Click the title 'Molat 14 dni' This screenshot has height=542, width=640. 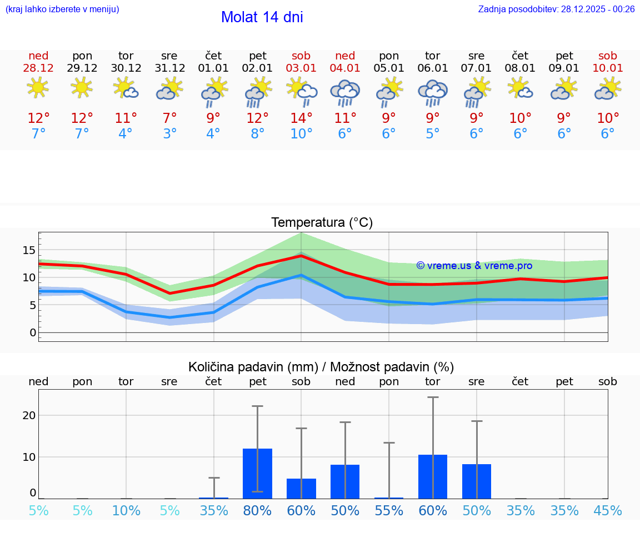click(262, 17)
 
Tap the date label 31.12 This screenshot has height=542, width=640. click(169, 68)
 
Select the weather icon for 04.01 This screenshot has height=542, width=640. click(345, 91)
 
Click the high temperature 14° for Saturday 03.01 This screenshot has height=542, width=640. click(301, 118)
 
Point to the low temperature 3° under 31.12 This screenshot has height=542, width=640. click(169, 134)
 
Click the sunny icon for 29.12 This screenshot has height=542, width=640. click(82, 88)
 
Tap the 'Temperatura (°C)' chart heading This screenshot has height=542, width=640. click(322, 223)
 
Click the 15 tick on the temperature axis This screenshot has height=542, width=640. click(29, 250)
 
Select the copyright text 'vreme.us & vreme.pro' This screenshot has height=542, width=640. click(474, 266)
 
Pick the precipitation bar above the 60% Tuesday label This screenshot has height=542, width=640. click(433, 476)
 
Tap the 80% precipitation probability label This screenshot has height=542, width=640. click(257, 510)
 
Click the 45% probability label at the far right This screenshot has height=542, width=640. click(608, 510)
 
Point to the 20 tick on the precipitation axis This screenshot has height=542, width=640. click(29, 415)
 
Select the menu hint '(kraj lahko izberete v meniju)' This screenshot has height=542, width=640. click(62, 9)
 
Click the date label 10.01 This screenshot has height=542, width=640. click(608, 68)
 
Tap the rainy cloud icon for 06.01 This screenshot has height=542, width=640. click(433, 91)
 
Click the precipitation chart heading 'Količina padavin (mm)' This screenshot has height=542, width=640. click(253, 367)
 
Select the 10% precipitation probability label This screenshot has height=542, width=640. click(126, 510)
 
